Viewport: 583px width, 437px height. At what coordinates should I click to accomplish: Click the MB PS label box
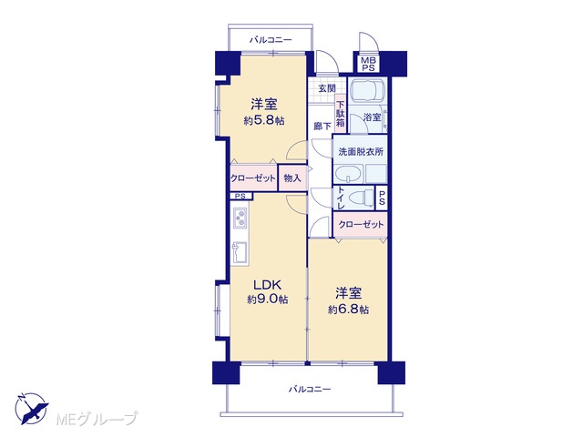click(x=368, y=64)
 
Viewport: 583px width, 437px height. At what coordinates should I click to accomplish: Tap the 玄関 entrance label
click(x=327, y=88)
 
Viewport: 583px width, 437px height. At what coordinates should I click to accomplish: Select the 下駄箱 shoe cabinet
click(x=340, y=114)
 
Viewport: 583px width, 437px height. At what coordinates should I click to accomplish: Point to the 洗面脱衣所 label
click(x=361, y=152)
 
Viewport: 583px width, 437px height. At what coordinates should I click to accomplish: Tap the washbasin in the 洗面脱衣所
click(x=348, y=174)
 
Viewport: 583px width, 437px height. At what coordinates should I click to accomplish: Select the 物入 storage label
click(x=292, y=178)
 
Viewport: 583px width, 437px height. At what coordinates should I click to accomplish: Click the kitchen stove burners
click(x=240, y=218)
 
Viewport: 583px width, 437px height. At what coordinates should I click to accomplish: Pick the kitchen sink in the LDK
click(x=240, y=253)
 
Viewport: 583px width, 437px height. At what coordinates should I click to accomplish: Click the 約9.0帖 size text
click(x=268, y=300)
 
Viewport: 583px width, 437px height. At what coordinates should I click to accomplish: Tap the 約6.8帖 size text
click(x=348, y=310)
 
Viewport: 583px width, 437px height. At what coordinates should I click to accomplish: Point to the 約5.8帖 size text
click(x=264, y=120)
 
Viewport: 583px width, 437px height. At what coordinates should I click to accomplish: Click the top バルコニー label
click(x=271, y=39)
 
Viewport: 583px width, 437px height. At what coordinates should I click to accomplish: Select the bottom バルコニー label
click(x=310, y=389)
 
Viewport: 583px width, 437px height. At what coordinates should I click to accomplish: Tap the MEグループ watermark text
click(x=97, y=419)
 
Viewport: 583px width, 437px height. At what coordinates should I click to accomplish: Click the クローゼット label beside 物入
click(x=253, y=178)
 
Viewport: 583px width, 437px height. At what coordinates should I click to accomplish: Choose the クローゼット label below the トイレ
click(x=361, y=225)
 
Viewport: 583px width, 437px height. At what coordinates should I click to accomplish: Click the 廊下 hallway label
click(x=322, y=127)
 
